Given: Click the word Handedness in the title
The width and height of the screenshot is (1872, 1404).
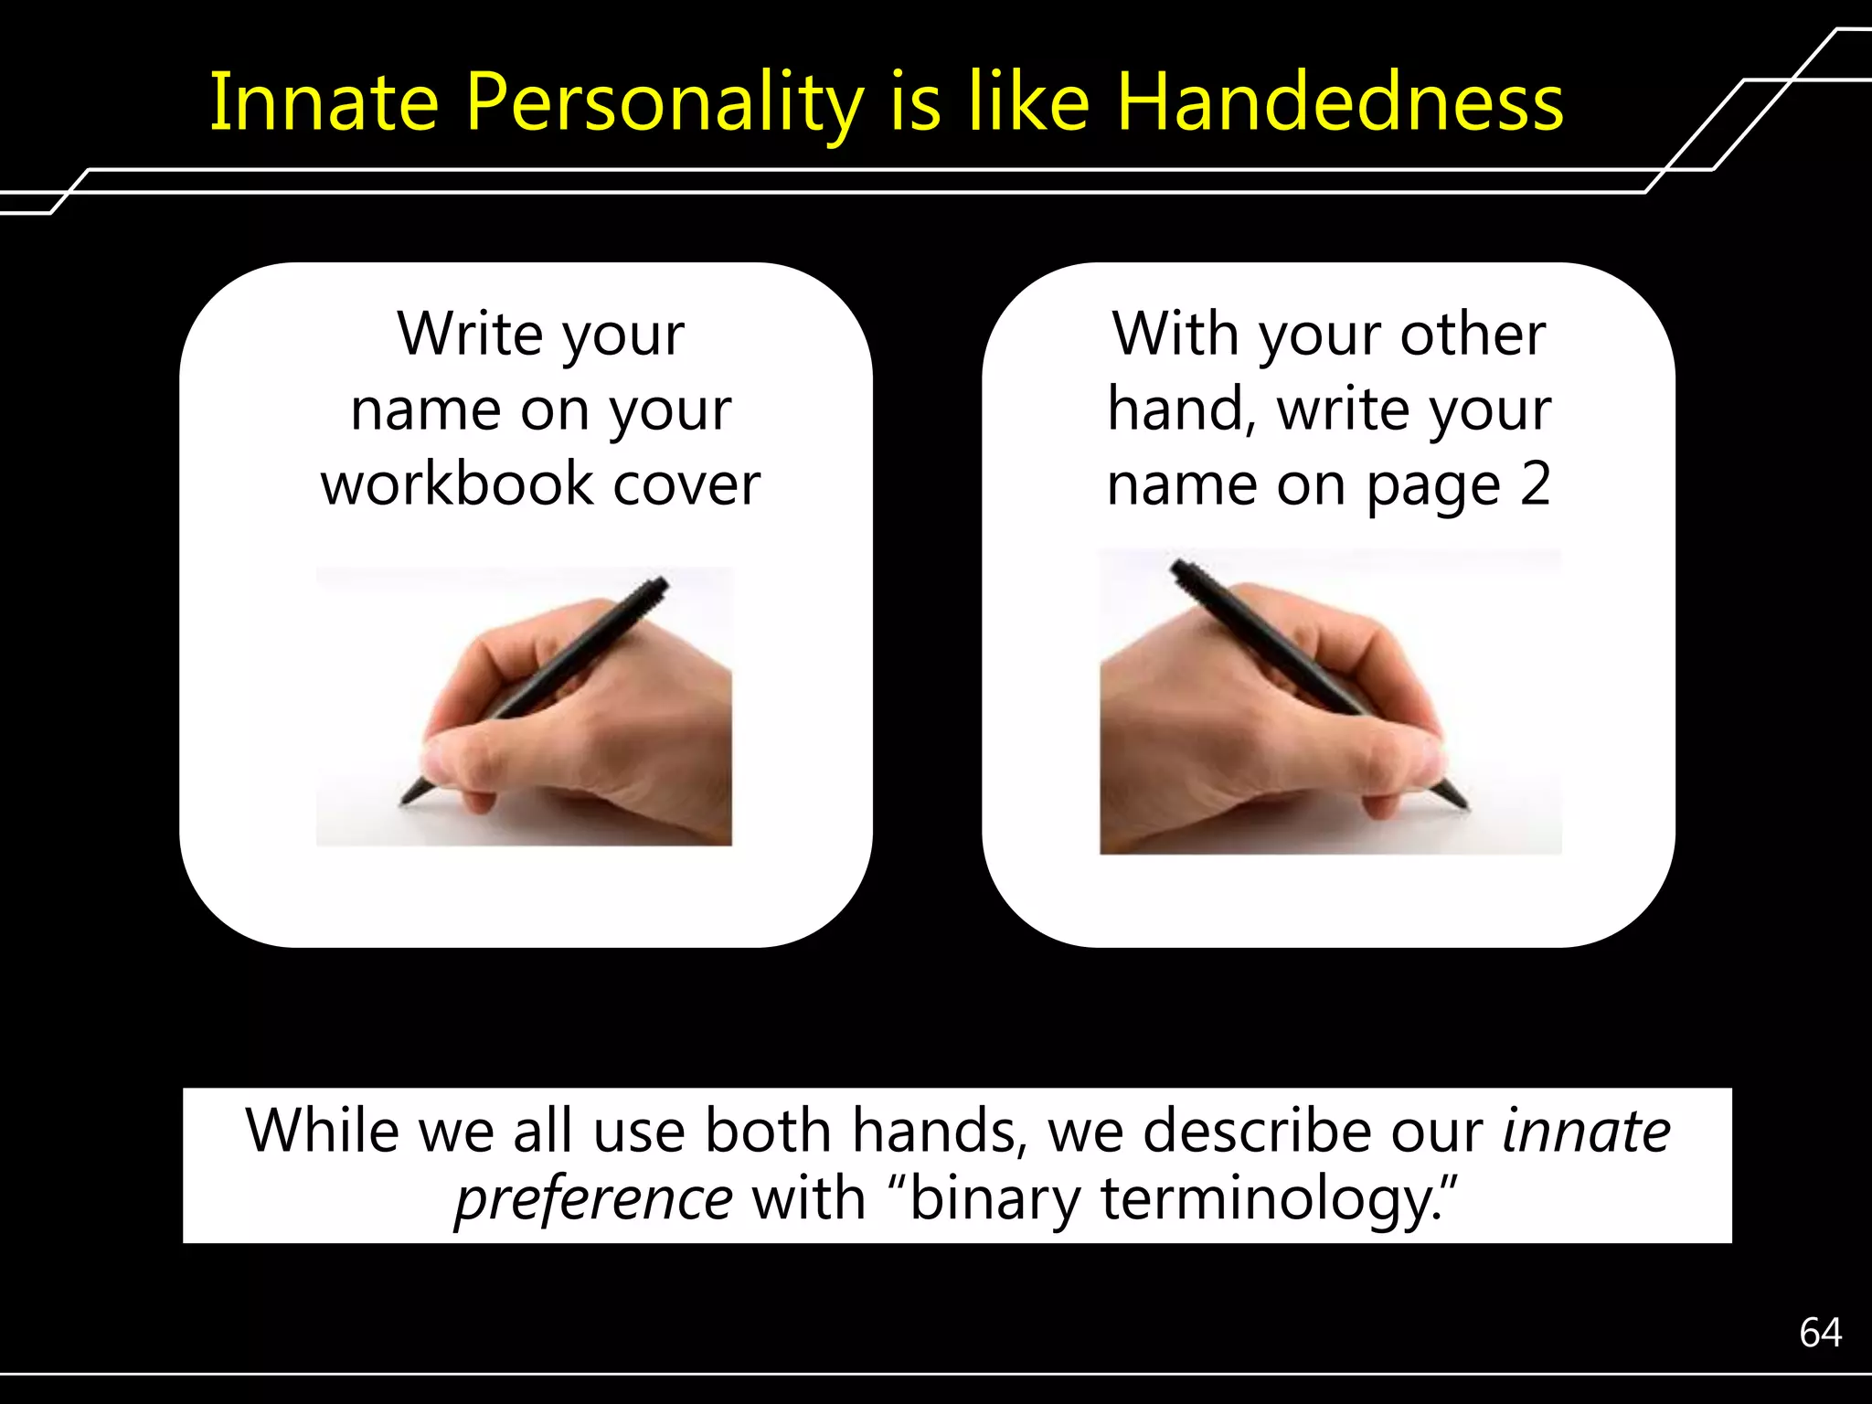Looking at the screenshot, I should (1339, 102).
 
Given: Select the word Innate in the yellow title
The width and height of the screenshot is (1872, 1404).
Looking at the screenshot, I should (324, 102).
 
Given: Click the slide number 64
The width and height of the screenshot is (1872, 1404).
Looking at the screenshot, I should (1820, 1333).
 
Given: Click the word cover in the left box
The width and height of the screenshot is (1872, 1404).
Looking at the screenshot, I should (686, 484).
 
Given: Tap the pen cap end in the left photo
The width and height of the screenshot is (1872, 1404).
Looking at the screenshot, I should (660, 582).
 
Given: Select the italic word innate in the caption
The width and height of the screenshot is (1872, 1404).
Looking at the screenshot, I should (1587, 1132).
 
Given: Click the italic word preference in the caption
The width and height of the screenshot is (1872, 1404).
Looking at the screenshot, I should (593, 1199).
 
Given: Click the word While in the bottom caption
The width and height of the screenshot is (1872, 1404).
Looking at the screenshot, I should (322, 1132).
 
